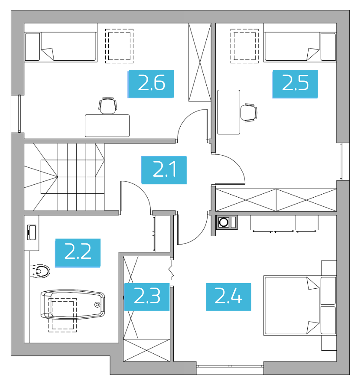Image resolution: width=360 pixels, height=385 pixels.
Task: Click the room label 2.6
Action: [151, 84]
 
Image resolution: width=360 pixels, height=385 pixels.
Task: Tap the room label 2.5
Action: [295, 84]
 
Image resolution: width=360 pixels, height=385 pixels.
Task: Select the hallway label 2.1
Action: [164, 170]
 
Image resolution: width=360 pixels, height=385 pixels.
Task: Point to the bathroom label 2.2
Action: [77, 253]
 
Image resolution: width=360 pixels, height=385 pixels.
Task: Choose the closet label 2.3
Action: [147, 297]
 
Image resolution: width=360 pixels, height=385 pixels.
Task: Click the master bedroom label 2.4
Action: [229, 297]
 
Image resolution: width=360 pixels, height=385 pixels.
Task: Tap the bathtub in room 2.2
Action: [73, 305]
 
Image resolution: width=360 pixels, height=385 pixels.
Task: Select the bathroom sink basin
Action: [32, 232]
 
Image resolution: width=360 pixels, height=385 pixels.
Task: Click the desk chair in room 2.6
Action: [107, 106]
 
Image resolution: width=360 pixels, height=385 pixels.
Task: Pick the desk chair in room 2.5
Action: [249, 113]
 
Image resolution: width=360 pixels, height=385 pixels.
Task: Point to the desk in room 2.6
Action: [107, 125]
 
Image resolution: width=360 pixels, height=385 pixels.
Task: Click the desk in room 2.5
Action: [229, 112]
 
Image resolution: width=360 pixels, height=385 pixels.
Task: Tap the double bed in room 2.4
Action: [300, 305]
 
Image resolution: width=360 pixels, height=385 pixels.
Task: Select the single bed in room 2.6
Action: [61, 46]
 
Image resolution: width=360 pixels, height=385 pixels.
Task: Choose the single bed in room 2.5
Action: [300, 46]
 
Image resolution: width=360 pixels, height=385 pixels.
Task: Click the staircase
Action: [64, 177]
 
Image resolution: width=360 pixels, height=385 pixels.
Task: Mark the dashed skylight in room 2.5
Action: [244, 46]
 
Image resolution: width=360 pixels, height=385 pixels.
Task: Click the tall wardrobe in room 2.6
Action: [200, 62]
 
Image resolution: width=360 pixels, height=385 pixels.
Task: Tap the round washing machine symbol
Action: [224, 222]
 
